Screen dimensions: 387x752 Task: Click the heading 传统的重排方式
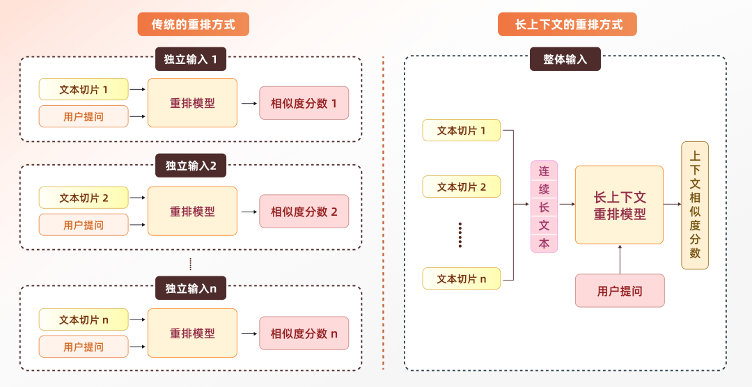tap(193, 24)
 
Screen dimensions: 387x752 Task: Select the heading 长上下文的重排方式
tap(567, 24)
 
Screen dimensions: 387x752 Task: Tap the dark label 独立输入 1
tap(190, 59)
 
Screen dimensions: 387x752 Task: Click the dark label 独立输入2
tap(190, 166)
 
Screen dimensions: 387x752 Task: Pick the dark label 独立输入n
tap(190, 288)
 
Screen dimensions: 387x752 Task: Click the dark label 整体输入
tap(565, 59)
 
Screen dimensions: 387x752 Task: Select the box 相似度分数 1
tap(304, 103)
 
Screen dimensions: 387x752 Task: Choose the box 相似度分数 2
tap(304, 212)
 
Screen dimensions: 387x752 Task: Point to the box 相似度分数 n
tap(304, 333)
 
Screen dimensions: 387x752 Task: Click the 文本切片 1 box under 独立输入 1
tap(84, 89)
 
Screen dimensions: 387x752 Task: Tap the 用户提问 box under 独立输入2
tap(84, 225)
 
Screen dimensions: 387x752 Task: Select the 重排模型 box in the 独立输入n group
tap(192, 333)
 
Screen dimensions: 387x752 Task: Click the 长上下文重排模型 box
tap(619, 205)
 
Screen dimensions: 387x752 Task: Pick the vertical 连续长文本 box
tap(544, 206)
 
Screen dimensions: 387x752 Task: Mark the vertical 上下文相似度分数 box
tap(694, 205)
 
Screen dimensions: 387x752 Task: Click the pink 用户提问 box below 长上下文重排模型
tap(619, 291)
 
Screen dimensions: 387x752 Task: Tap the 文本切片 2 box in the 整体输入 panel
tap(461, 187)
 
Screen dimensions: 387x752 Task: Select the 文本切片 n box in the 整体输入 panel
tap(461, 278)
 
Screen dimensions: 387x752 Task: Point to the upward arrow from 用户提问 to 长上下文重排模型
tap(619, 259)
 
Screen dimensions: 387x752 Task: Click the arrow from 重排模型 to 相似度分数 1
tap(249, 103)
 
